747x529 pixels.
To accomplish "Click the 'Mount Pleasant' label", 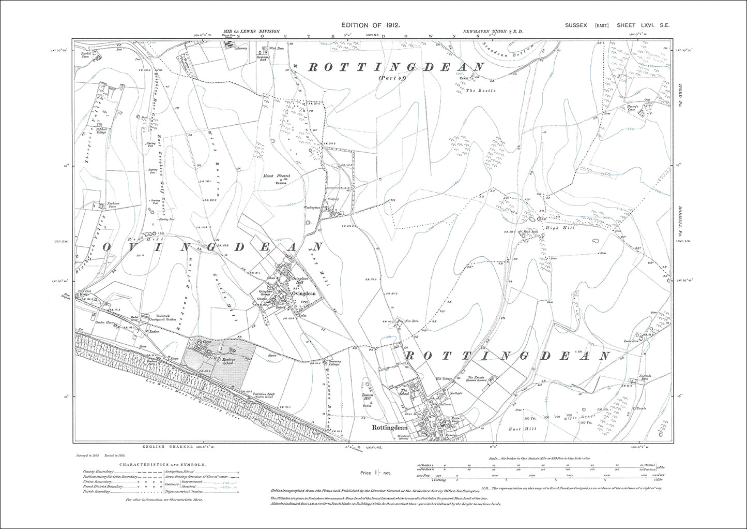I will (277, 176).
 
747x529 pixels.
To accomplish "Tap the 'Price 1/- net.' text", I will (376, 473).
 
